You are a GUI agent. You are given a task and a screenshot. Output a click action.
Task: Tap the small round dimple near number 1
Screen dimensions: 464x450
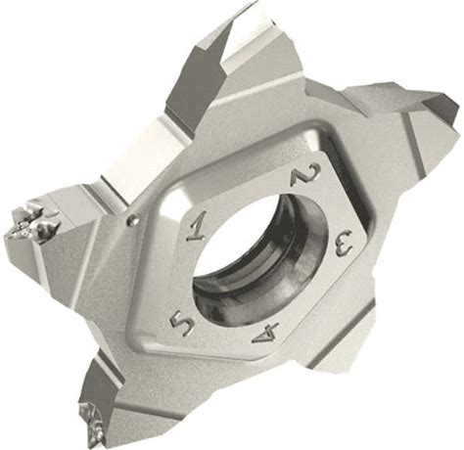click(x=131, y=221)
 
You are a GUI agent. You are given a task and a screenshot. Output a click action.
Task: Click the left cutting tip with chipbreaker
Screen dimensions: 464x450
click(x=31, y=220)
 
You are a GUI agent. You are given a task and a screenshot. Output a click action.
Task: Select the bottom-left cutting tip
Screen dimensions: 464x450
click(x=92, y=420)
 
